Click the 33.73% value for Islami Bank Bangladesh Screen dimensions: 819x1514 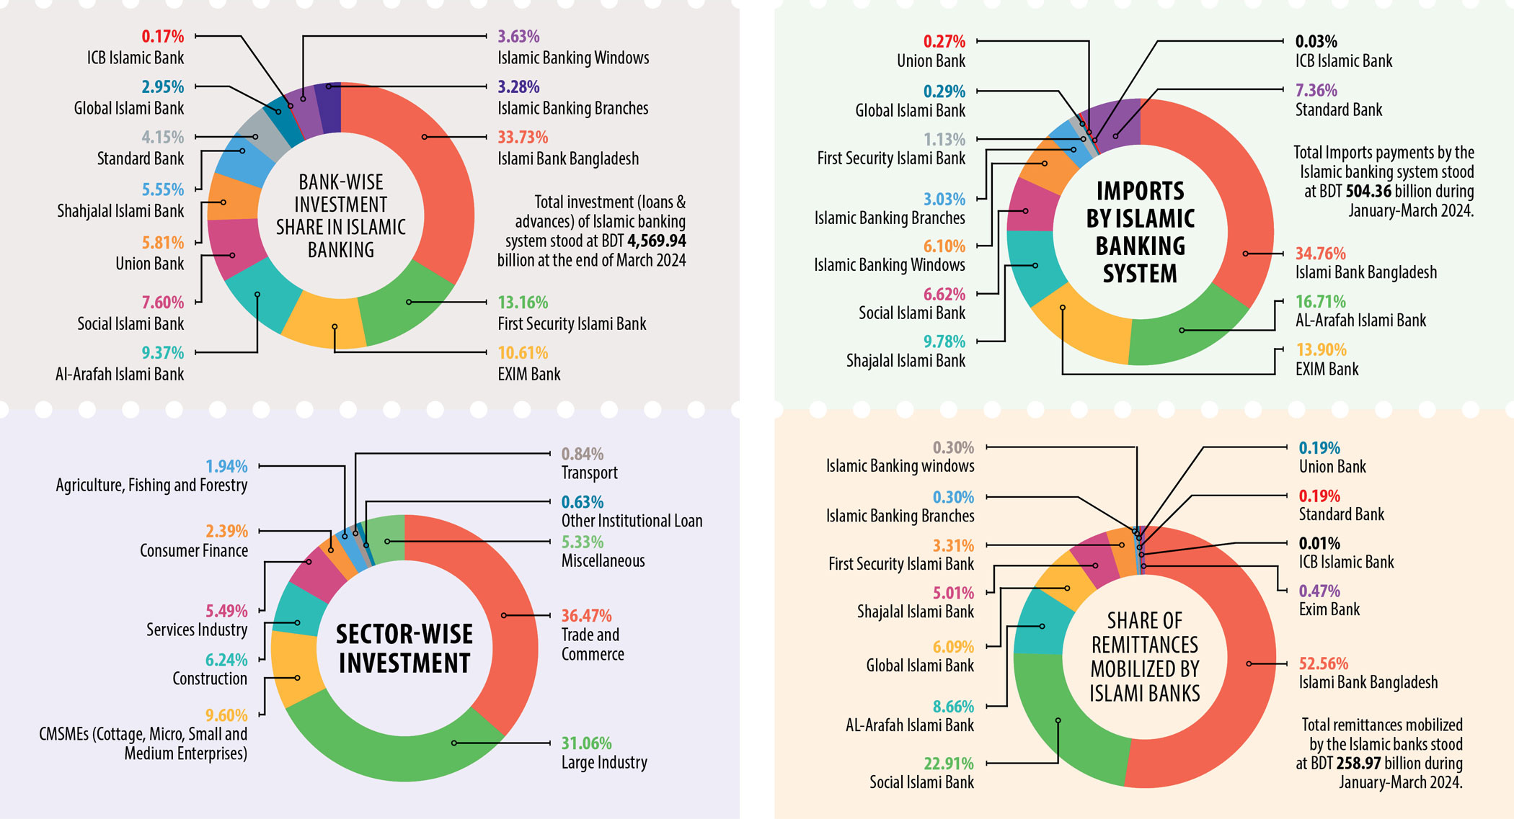pos(523,137)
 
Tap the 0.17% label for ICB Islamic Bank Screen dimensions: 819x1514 pos(162,36)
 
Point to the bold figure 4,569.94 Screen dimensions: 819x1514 pos(656,241)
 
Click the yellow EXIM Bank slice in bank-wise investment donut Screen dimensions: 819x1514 pos(324,321)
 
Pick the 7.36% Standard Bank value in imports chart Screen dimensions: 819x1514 pos(1316,90)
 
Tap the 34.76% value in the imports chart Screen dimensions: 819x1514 pos(1320,254)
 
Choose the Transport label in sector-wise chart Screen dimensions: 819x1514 pos(589,473)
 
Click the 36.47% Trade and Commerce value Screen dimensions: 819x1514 pos(586,616)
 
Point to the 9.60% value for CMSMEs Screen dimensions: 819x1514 pos(226,715)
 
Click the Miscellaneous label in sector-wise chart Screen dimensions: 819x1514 pos(603,561)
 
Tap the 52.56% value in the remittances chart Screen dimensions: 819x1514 pos(1323,663)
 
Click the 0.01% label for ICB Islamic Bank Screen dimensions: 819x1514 pos(1319,543)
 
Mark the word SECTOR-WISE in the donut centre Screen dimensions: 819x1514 pos(404,635)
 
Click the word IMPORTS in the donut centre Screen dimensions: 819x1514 pos(1140,192)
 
